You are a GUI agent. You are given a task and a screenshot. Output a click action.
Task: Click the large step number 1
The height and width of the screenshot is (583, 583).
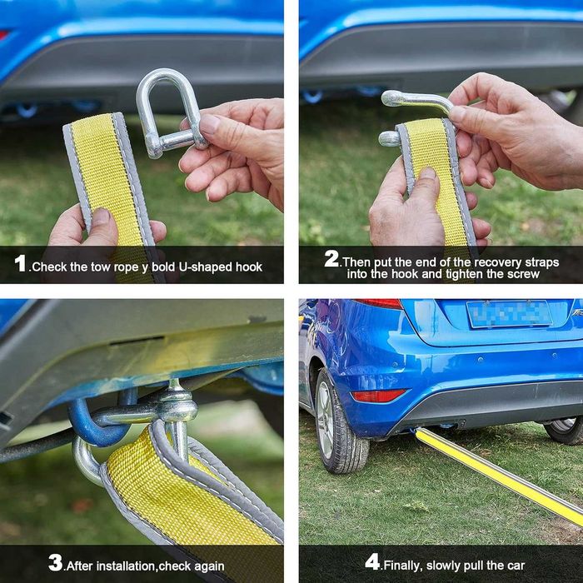(20, 263)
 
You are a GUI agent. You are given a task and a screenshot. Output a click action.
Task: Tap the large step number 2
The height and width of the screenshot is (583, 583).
(331, 258)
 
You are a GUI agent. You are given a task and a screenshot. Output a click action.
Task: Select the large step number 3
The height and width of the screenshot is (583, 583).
(56, 562)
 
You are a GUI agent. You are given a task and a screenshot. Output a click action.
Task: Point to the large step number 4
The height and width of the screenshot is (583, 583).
(372, 561)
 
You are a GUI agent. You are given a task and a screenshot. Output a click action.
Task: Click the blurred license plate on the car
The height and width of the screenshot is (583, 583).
(510, 314)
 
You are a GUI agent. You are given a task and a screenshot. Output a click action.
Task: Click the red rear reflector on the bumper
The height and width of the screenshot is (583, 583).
(378, 396)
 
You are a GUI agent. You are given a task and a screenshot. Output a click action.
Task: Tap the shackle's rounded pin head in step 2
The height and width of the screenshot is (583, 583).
(389, 138)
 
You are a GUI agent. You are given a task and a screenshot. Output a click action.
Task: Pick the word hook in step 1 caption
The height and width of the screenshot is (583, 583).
(249, 267)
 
